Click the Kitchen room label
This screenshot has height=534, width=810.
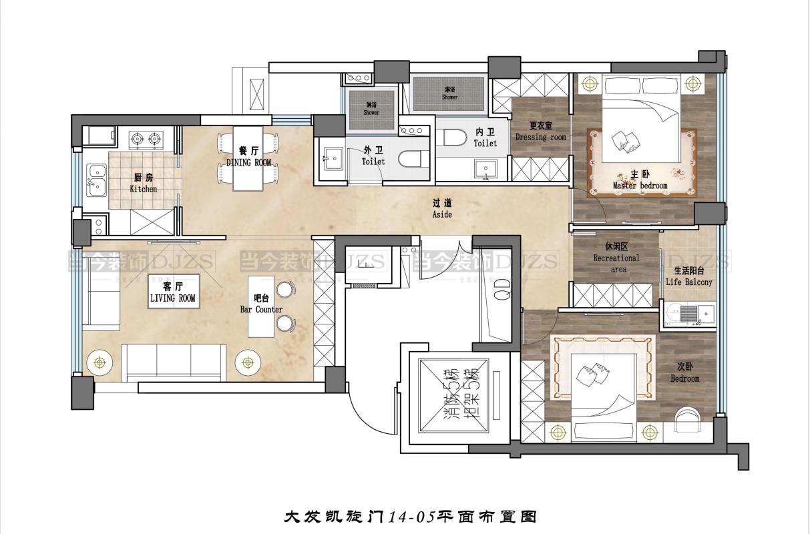pyautogui.click(x=144, y=183)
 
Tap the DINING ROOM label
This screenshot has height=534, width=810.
pyautogui.click(x=248, y=157)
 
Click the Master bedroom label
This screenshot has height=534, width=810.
pyautogui.click(x=640, y=180)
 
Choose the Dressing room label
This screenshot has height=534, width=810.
pyautogui.click(x=540, y=131)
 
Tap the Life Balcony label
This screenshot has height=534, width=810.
pyautogui.click(x=688, y=277)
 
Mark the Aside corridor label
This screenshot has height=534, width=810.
pyautogui.click(x=442, y=208)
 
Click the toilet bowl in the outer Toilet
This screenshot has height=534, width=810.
pyautogui.click(x=409, y=160)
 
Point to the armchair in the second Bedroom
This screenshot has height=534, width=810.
pyautogui.click(x=687, y=419)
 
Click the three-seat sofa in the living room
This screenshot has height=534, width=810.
pyautogui.click(x=174, y=360)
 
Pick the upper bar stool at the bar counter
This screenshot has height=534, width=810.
pyautogui.click(x=285, y=290)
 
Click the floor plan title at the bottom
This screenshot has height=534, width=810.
pyautogui.click(x=411, y=516)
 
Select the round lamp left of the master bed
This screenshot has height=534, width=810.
pyautogui.click(x=589, y=84)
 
